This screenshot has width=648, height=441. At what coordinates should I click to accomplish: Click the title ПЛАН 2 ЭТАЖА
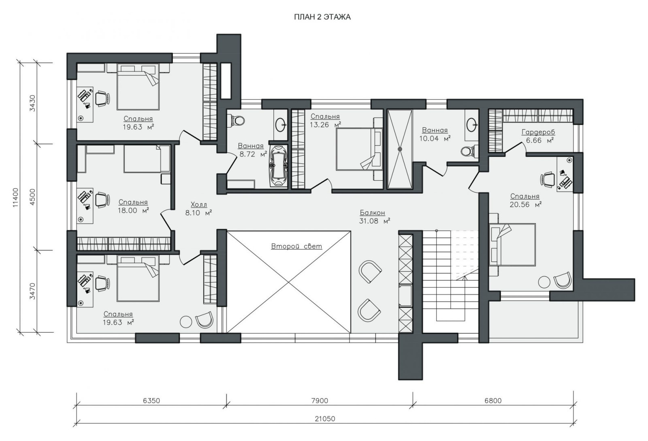[322, 17]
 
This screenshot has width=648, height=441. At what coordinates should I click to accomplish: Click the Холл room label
[199, 205]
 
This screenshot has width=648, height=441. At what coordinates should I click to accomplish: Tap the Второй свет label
[296, 246]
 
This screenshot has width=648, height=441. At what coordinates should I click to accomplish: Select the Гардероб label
[538, 132]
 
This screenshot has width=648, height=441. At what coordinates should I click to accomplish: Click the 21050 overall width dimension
[325, 418]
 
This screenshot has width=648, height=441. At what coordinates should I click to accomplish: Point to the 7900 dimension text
[320, 400]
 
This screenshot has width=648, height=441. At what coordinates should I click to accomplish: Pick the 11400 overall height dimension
[16, 197]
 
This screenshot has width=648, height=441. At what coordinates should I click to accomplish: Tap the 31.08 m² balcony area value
[375, 221]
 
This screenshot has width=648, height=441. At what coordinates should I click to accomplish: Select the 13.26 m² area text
[326, 125]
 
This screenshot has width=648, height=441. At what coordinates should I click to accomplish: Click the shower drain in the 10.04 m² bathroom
[400, 149]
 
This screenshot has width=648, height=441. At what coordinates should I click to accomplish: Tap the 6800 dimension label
[493, 400]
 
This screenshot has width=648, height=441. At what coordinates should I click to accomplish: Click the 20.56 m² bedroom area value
[525, 205]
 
